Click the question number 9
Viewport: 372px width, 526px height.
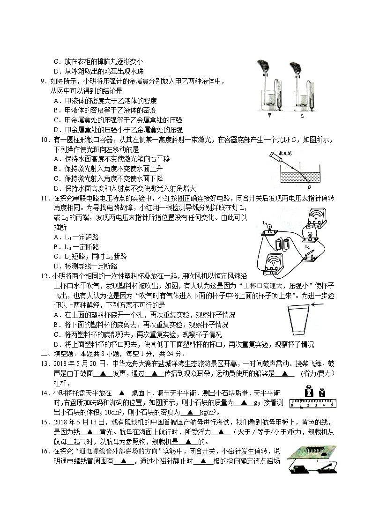[43, 81]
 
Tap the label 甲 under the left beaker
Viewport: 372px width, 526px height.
[269, 114]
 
